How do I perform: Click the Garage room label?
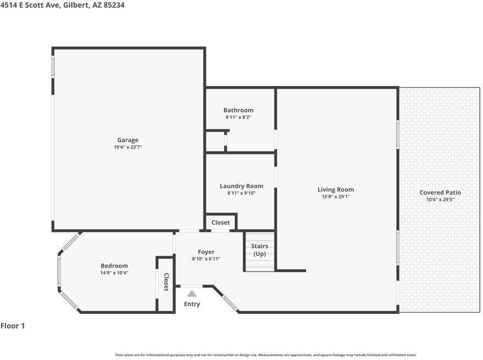[x=127, y=140]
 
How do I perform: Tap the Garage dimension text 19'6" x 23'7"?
[x=128, y=147]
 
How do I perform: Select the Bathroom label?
[x=238, y=110]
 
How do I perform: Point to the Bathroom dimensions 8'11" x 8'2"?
[x=238, y=117]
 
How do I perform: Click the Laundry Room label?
[x=242, y=186]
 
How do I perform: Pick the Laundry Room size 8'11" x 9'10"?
[x=242, y=193]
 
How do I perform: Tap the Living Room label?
[x=336, y=190]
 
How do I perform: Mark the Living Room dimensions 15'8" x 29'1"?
[x=336, y=197]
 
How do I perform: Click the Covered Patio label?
[x=440, y=192]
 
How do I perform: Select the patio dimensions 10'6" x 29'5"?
[x=440, y=200]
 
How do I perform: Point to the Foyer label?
[x=206, y=252]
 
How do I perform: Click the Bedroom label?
[x=114, y=265]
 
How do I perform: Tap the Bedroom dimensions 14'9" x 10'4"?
[x=114, y=273]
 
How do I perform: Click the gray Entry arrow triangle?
[x=192, y=293]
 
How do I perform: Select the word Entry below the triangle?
[x=192, y=304]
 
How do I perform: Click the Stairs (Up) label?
[x=259, y=250]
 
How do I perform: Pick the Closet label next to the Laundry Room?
[x=220, y=222]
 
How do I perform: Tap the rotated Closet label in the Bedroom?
[x=166, y=282]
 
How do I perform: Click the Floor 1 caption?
[x=13, y=326]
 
